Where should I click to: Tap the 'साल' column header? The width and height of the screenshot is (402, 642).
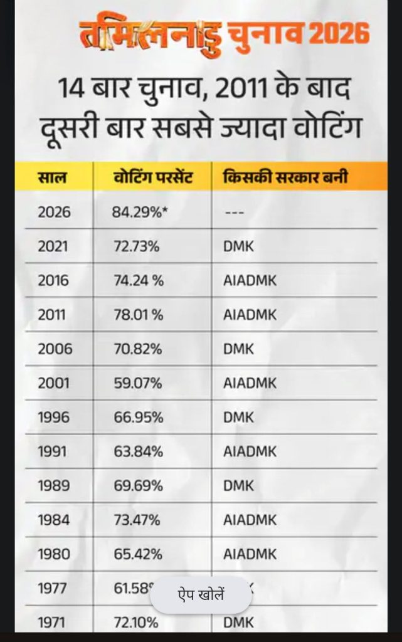pyautogui.click(x=51, y=177)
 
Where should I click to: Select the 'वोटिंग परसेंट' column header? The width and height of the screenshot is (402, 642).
pyautogui.click(x=152, y=177)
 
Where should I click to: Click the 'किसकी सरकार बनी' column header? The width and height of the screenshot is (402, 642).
pyautogui.click(x=285, y=177)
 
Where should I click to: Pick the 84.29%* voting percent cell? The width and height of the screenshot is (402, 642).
pyautogui.click(x=140, y=212)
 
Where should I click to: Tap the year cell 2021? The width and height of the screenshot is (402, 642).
pyautogui.click(x=54, y=246)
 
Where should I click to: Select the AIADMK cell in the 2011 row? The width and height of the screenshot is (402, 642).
pyautogui.click(x=250, y=315)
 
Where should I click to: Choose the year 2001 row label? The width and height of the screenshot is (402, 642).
pyautogui.click(x=55, y=383)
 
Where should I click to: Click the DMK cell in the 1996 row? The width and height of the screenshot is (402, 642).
pyautogui.click(x=239, y=418)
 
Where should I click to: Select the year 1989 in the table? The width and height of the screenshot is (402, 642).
pyautogui.click(x=54, y=486)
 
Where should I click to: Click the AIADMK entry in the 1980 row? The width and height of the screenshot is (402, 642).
pyautogui.click(x=250, y=554)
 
